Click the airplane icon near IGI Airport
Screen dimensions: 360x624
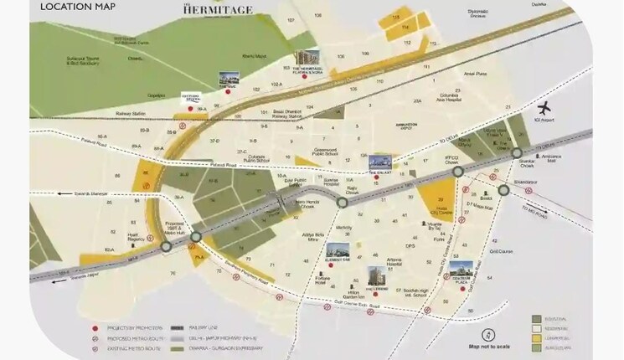[x=545, y=109]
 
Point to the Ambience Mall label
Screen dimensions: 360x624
[x=553, y=158]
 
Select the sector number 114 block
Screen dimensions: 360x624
[x=405, y=27]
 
